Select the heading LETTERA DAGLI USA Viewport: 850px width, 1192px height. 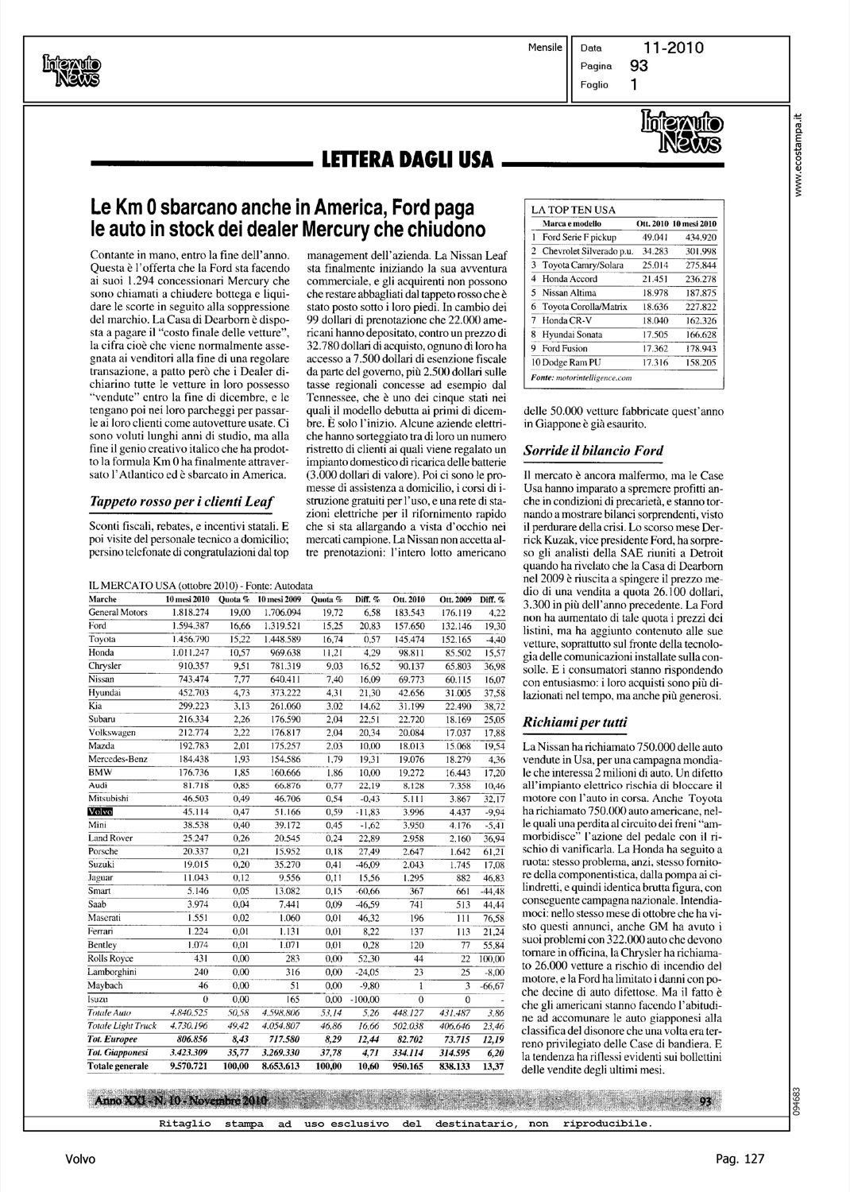[x=407, y=161]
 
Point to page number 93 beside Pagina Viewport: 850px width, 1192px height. [x=639, y=67]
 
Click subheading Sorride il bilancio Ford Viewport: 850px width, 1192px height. [x=593, y=451]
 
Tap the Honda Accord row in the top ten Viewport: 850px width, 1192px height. [x=570, y=279]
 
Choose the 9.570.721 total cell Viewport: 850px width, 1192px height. [x=187, y=1065]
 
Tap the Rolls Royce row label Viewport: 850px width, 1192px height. [x=112, y=958]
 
